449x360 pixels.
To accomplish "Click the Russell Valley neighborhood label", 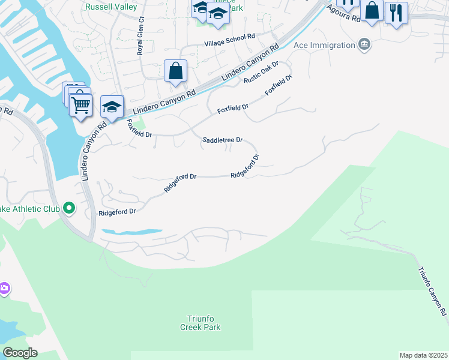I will [x=112, y=7].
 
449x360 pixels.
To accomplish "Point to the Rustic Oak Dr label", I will [x=262, y=72].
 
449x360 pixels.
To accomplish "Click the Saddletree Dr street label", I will [x=222, y=140].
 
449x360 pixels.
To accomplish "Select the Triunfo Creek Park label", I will [x=200, y=323].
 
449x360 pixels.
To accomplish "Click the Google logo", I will [x=20, y=353].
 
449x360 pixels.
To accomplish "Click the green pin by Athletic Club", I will [x=69, y=208].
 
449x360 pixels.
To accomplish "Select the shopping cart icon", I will [x=80, y=106].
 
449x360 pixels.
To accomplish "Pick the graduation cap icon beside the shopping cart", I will [x=112, y=106].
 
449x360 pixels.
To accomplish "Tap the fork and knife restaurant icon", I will [x=396, y=13].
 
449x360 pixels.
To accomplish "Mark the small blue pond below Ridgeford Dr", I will [x=132, y=232].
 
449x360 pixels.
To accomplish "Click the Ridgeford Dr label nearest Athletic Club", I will [x=117, y=212].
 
